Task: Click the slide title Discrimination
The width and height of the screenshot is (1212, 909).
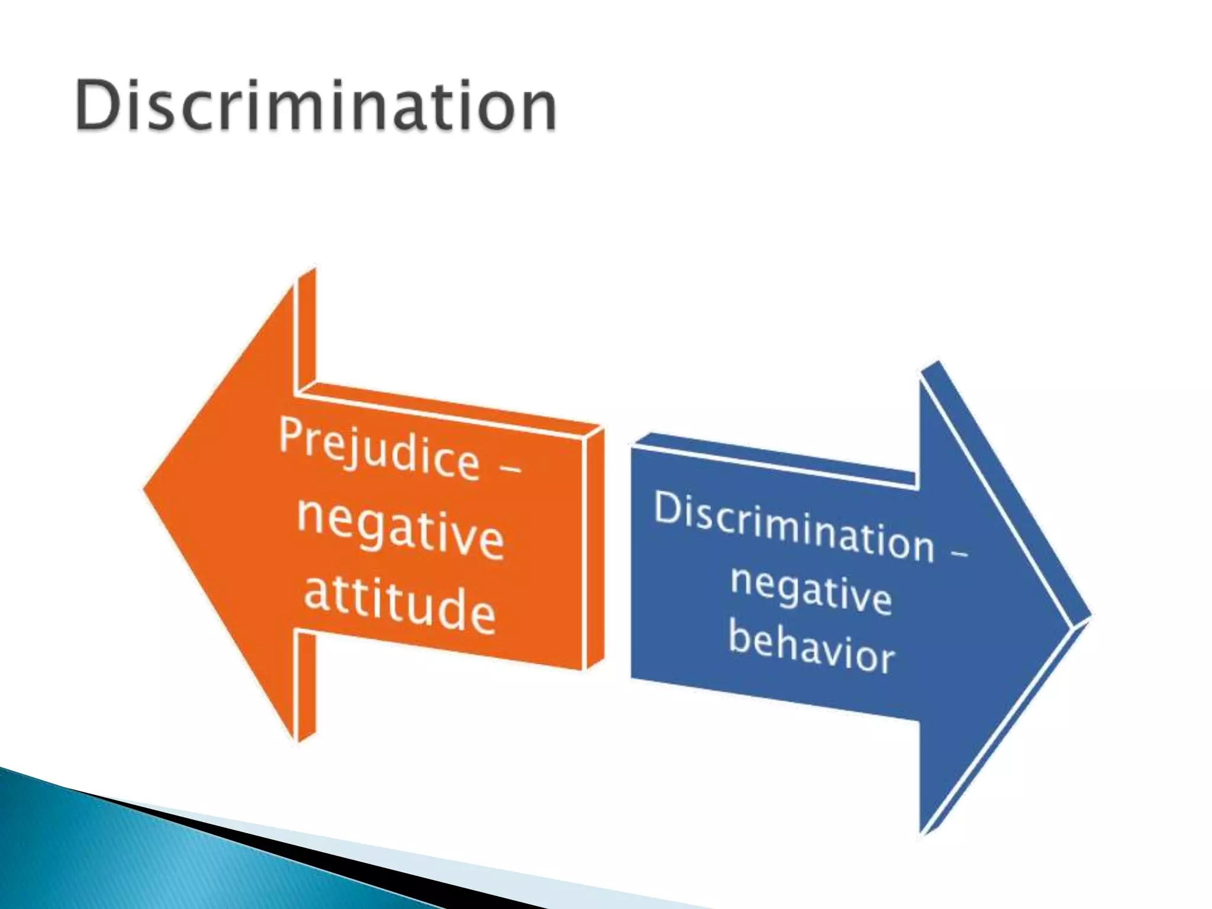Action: (316, 107)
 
